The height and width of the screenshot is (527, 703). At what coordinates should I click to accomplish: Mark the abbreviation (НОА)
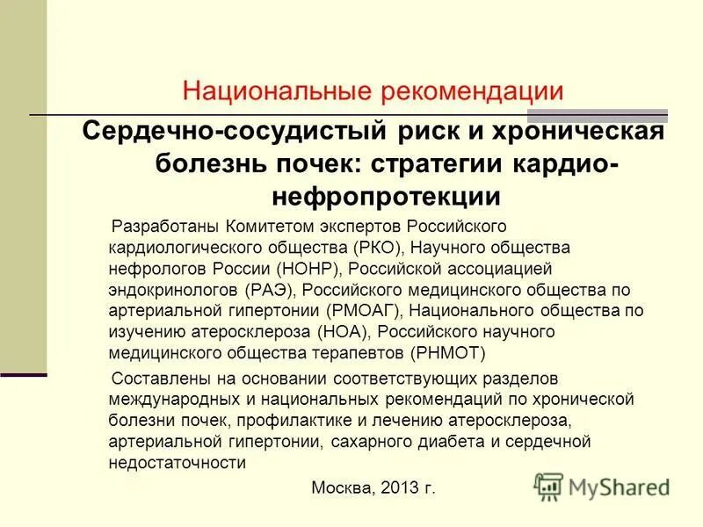point(346,332)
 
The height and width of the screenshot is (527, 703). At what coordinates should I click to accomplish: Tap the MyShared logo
point(602,486)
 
